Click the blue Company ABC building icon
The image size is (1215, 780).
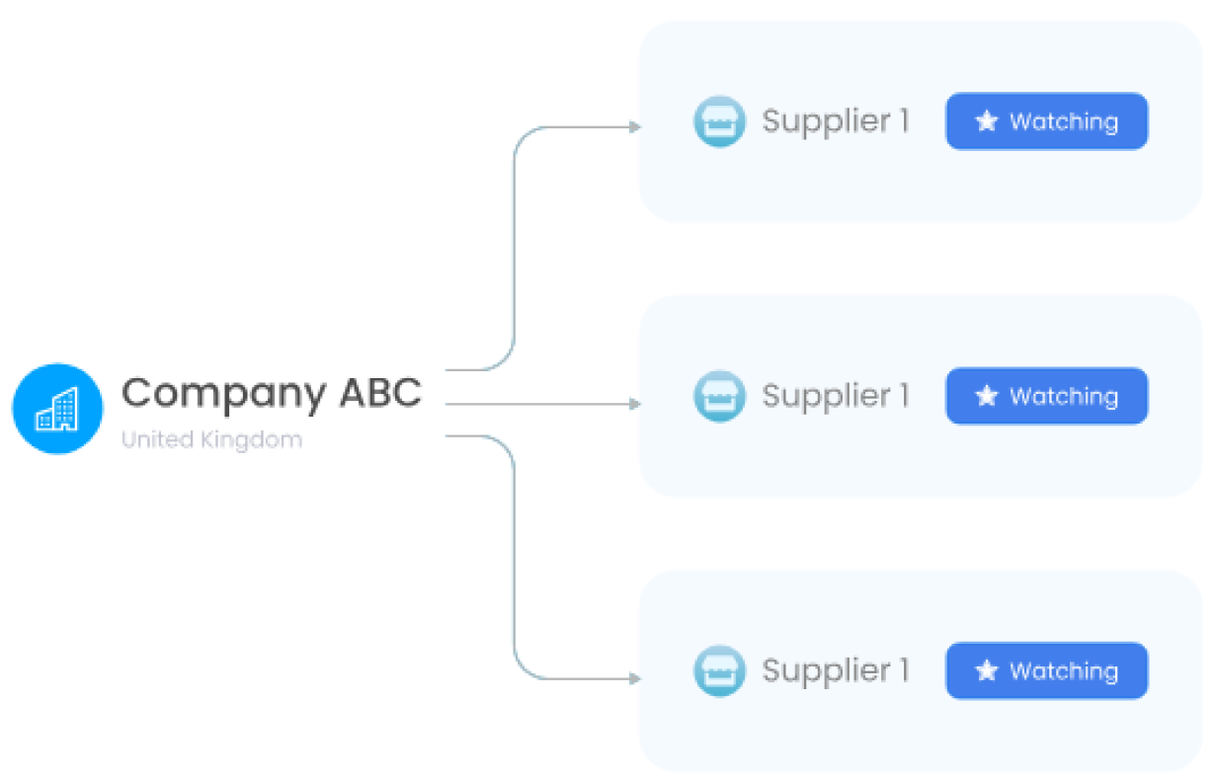pos(57,409)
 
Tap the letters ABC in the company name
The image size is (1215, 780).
pos(380,393)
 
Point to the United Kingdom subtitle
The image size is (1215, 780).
pos(211,439)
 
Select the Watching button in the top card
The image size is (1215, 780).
pos(1047,121)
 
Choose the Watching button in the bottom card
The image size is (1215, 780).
pos(1047,671)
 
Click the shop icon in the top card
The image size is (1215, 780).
pos(719,122)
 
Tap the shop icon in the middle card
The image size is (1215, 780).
pos(719,397)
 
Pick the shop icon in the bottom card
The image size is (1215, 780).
pos(719,671)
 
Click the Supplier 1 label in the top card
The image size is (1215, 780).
pos(835,122)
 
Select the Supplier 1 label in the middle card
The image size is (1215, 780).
pos(835,397)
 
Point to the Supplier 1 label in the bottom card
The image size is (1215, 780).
pos(835,671)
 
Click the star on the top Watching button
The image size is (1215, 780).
pos(987,121)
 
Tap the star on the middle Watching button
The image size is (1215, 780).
pos(987,396)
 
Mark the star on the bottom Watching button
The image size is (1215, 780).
pos(987,671)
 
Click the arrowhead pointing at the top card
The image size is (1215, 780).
pos(635,127)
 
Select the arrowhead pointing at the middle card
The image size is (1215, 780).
pos(635,404)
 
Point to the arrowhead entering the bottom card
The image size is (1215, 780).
pos(635,679)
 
